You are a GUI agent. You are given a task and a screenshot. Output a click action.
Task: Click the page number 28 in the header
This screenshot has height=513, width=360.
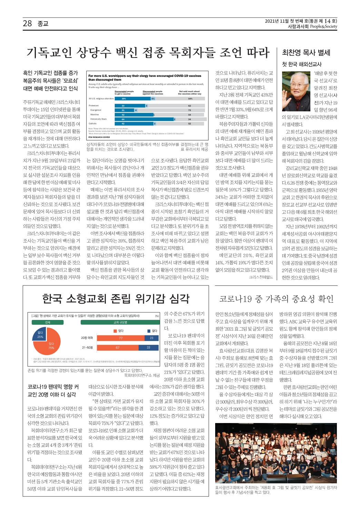click(27, 23)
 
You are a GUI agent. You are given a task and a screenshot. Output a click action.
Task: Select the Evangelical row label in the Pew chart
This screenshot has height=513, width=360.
click(96, 110)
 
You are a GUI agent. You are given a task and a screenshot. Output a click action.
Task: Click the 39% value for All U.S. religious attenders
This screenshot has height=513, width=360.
click(124, 99)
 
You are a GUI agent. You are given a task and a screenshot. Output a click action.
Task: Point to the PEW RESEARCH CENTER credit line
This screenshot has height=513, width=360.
click(99, 137)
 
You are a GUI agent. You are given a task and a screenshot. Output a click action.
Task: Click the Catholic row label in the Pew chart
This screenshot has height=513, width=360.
click(93, 123)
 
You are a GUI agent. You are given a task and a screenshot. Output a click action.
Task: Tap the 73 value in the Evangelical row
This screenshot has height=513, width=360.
click(189, 110)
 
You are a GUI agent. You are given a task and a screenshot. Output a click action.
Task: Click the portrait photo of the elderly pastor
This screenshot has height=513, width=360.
click(296, 91)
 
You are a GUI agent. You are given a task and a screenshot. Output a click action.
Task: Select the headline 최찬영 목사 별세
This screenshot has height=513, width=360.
click(306, 53)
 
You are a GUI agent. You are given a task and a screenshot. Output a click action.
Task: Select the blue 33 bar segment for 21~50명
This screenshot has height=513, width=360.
click(148, 348)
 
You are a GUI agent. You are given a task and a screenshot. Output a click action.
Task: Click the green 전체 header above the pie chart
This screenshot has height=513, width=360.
click(48, 322)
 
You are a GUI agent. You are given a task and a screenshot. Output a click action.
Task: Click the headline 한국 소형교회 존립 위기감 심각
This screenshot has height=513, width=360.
click(116, 299)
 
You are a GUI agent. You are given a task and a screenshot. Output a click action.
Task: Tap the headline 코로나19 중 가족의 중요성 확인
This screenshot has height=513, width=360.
click(276, 299)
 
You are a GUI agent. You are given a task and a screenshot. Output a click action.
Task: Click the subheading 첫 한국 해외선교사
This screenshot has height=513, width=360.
click(302, 64)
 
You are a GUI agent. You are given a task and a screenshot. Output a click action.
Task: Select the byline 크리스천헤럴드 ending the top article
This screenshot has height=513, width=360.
click(261, 277)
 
